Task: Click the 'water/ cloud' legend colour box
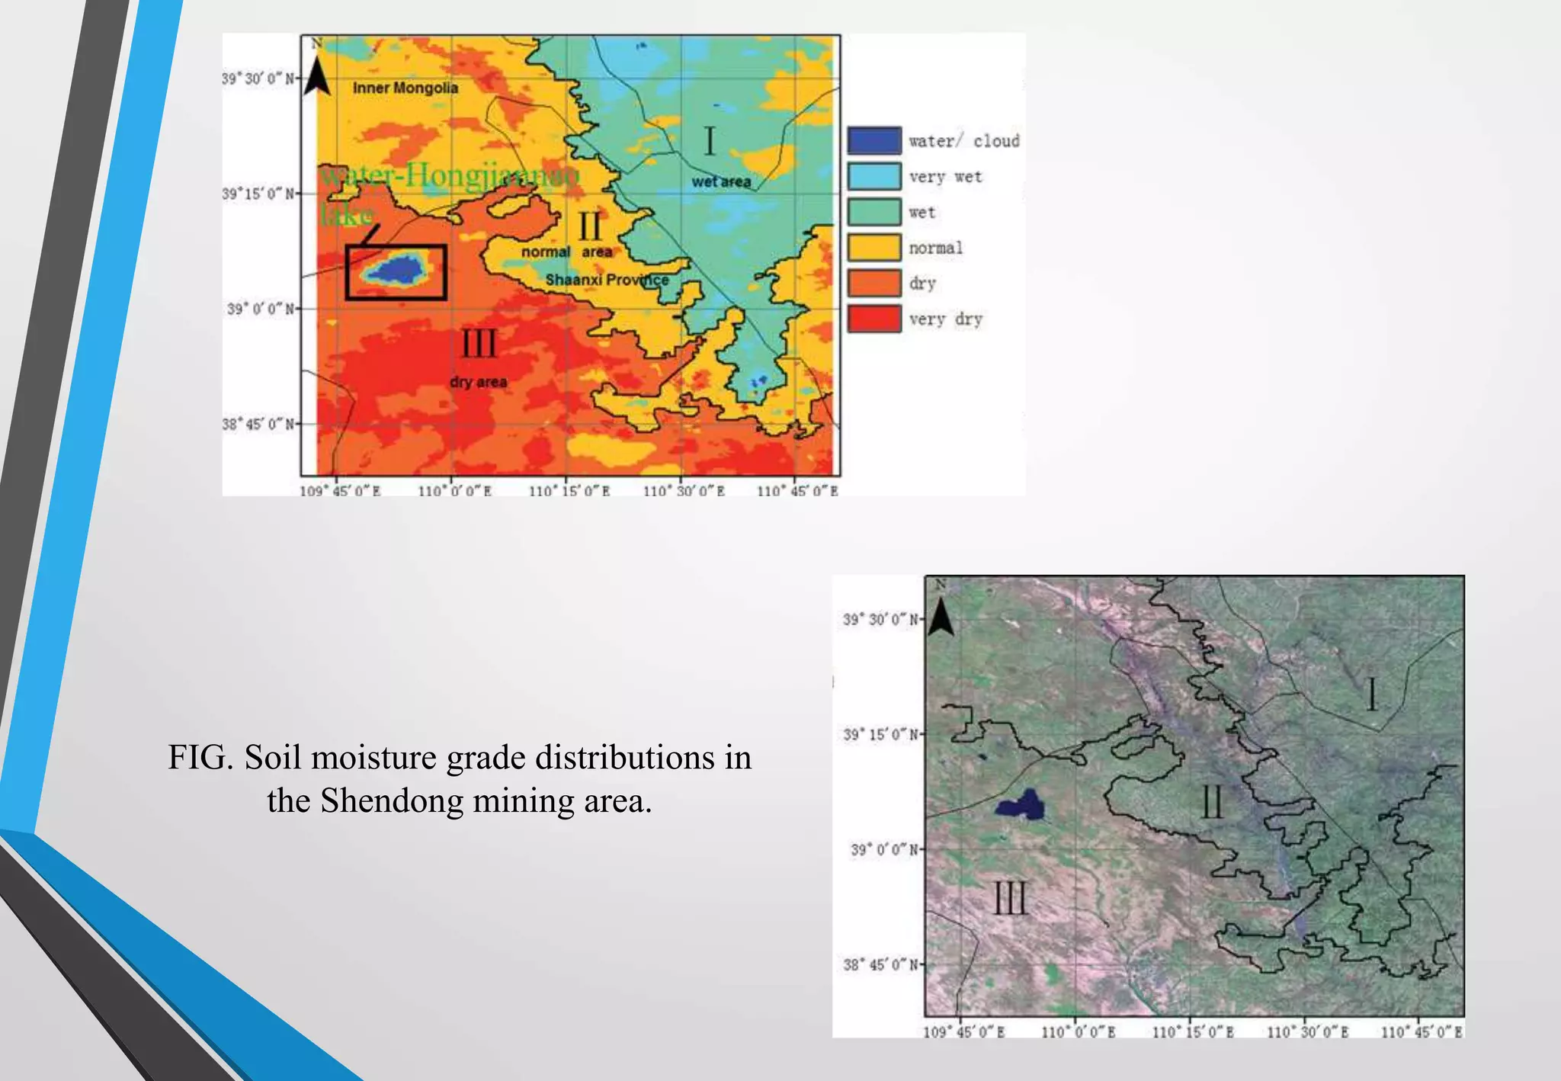[873, 141]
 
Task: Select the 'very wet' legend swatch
[873, 177]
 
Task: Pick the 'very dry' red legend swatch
[873, 319]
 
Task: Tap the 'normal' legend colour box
[873, 248]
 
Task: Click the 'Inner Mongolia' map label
[405, 88]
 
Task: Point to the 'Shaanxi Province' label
[607, 280]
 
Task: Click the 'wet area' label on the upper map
[721, 182]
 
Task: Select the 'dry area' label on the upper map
[478, 381]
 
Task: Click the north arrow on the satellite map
[941, 616]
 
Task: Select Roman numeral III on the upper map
[479, 344]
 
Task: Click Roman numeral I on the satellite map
[1372, 694]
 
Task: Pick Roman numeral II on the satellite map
[1212, 802]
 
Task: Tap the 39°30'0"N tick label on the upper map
[258, 79]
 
